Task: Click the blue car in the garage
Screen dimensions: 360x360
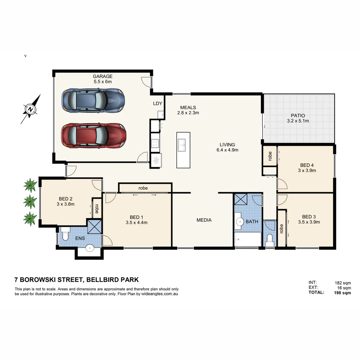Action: pyautogui.click(x=93, y=100)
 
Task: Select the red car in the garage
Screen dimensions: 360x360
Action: pyautogui.click(x=94, y=136)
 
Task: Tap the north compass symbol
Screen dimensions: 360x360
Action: pyautogui.click(x=31, y=109)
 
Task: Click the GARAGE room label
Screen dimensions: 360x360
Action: pyautogui.click(x=102, y=76)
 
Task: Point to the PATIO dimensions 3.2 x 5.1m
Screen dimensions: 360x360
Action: pyautogui.click(x=298, y=121)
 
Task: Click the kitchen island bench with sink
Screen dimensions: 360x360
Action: pyautogui.click(x=183, y=150)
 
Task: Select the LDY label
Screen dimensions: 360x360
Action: pyautogui.click(x=157, y=104)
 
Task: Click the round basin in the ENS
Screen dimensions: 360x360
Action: pyautogui.click(x=89, y=248)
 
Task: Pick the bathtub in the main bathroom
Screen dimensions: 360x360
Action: pyautogui.click(x=248, y=240)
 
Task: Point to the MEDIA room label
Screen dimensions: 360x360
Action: pyautogui.click(x=204, y=220)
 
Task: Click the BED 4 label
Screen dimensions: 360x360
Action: pyautogui.click(x=307, y=165)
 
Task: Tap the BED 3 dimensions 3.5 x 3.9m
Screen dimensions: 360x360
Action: pyautogui.click(x=309, y=222)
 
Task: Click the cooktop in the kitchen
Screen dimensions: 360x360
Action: pyautogui.click(x=155, y=143)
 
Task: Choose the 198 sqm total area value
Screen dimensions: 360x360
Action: pyautogui.click(x=342, y=293)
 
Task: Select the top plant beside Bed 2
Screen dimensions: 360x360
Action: pyautogui.click(x=30, y=185)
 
